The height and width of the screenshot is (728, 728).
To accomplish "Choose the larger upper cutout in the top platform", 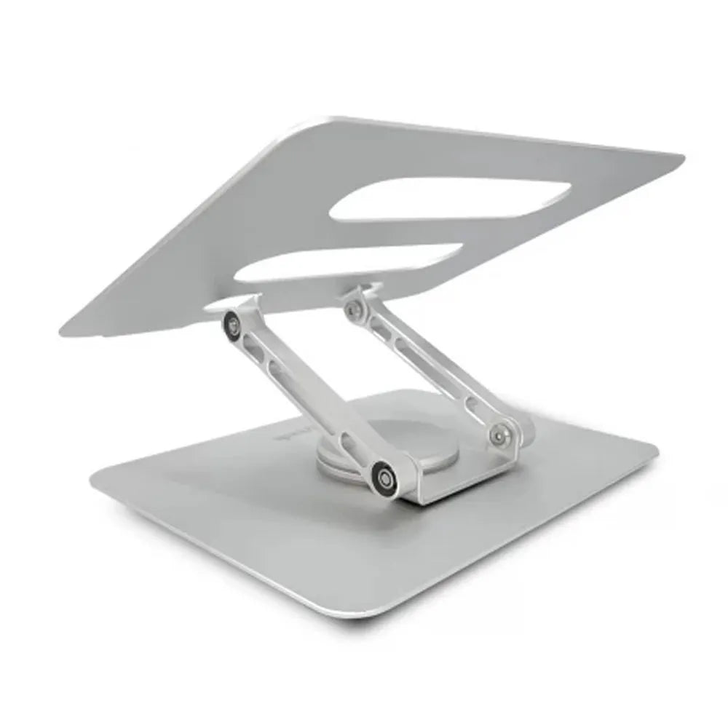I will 451,199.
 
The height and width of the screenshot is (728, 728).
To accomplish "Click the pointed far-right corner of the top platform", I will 680,156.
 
